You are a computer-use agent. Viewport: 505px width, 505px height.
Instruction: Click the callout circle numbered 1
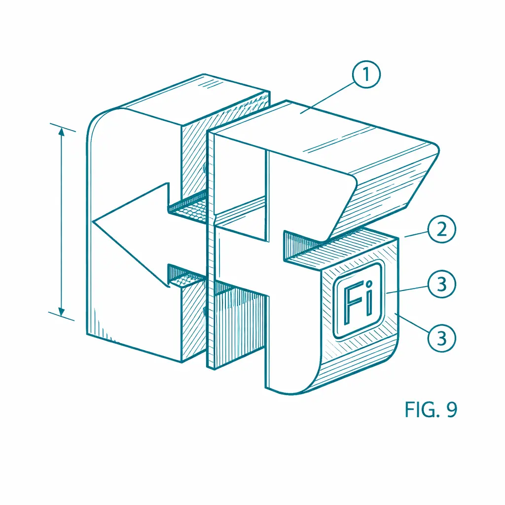click(x=366, y=74)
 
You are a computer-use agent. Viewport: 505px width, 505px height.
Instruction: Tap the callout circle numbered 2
click(x=441, y=229)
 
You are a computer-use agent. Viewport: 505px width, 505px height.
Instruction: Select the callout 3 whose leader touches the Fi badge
click(x=441, y=284)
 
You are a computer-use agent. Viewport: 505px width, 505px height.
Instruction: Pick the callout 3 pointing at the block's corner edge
click(x=441, y=338)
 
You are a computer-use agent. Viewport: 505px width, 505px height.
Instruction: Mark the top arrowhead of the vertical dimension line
click(x=62, y=132)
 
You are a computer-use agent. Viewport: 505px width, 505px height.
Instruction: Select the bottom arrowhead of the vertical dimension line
click(x=62, y=311)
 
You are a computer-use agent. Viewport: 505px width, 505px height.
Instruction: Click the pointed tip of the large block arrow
click(x=93, y=222)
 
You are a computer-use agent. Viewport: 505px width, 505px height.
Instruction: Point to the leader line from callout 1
click(x=327, y=97)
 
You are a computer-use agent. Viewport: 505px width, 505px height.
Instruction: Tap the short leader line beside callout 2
click(x=416, y=234)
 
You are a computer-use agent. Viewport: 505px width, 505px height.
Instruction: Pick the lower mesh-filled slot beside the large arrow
click(x=187, y=277)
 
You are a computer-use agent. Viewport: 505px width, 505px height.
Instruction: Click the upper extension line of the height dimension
click(x=63, y=128)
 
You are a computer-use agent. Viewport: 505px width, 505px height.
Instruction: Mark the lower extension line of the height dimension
click(x=62, y=316)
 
